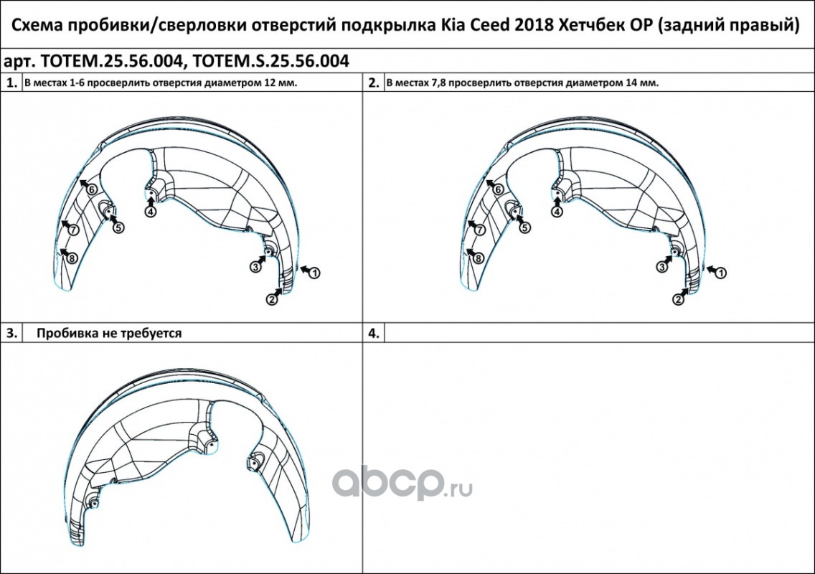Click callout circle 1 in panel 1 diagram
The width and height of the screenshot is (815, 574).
(x=314, y=273)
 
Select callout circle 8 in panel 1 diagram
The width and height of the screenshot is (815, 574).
(x=72, y=258)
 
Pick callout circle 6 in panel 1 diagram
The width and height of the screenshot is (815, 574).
(x=92, y=189)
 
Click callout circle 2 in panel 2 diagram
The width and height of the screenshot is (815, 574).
(x=678, y=299)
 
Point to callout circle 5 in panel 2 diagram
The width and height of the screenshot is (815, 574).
(x=525, y=227)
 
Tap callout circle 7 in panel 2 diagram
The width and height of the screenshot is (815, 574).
(x=479, y=230)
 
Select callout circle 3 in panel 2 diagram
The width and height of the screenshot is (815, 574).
(x=662, y=267)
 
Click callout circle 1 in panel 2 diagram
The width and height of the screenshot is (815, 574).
(x=721, y=273)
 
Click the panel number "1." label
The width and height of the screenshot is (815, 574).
(x=11, y=83)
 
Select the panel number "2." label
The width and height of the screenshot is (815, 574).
(x=374, y=83)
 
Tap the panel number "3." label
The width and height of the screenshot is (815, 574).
(x=11, y=333)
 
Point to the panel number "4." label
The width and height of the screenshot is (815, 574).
(x=374, y=333)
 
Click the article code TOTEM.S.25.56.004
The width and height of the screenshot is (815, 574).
(x=270, y=62)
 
